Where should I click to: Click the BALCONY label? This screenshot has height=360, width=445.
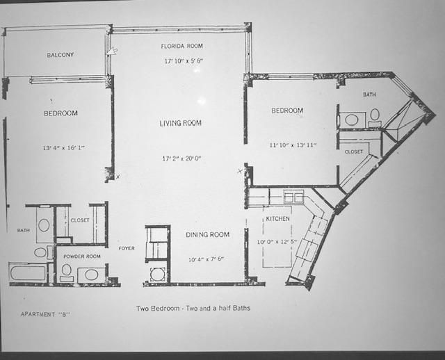[x=60, y=55]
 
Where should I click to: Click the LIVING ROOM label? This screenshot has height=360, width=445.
[x=181, y=123]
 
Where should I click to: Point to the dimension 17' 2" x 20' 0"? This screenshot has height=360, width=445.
[x=181, y=158]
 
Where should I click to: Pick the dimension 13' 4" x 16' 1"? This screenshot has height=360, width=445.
[x=61, y=148]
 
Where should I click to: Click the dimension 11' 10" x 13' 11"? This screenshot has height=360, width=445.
[x=293, y=145]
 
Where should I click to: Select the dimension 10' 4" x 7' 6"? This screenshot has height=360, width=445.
[x=205, y=259]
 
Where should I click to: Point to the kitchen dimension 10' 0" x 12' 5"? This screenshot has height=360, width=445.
[x=277, y=242]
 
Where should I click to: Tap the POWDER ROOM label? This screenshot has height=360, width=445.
[x=82, y=256]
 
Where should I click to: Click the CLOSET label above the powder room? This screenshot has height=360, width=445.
[x=80, y=220]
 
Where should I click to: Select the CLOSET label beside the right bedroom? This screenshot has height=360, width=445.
[x=353, y=151]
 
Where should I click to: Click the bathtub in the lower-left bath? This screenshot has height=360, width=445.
[x=28, y=272]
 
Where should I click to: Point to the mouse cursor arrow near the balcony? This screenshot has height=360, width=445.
[x=111, y=51]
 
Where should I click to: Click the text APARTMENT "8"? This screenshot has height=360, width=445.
[x=46, y=314]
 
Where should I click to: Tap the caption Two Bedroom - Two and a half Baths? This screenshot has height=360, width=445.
[x=190, y=307]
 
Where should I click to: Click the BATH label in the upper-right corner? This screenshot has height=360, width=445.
[x=369, y=95]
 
